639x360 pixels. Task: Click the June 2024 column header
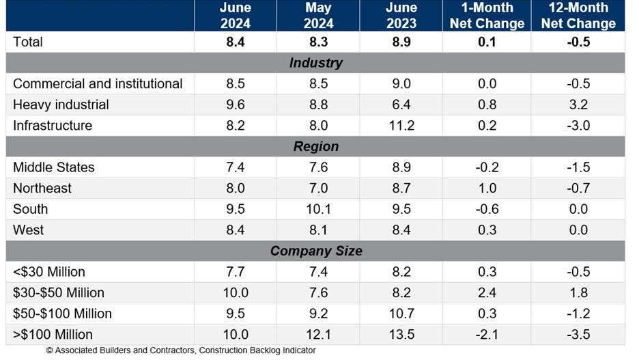coord(235,16)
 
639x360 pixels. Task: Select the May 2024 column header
coord(318,16)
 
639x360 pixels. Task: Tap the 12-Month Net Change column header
coord(578,16)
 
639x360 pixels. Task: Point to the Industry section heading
coord(315,63)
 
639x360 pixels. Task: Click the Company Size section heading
coord(315,251)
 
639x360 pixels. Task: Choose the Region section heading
coord(315,147)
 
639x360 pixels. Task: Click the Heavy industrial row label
coord(61,105)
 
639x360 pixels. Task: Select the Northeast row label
coord(42,188)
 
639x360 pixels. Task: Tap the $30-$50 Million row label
coord(59,292)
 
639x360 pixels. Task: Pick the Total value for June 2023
coord(401,42)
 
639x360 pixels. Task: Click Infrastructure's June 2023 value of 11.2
coord(401,126)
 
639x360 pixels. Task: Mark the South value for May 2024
coord(318,209)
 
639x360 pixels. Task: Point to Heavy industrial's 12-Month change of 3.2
coord(578,105)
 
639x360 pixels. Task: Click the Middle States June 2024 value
coord(235,167)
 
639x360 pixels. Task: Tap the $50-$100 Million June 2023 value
coord(401,314)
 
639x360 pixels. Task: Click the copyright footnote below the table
coord(181,350)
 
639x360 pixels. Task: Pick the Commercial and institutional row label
coord(98,84)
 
